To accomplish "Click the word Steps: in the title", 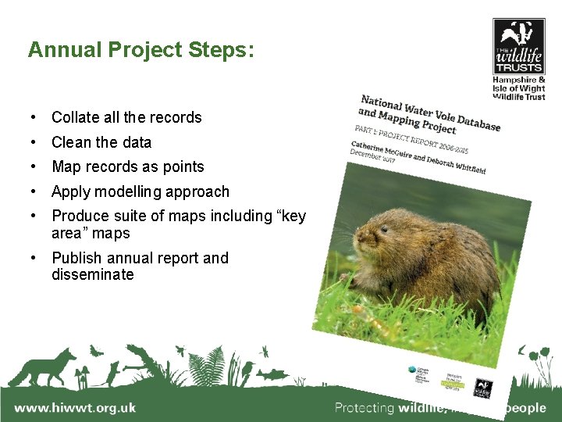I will click(221, 51).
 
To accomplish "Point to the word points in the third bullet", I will click(183, 167).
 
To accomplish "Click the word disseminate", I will click(93, 275).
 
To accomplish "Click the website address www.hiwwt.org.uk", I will click(75, 408).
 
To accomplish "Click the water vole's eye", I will click(383, 230).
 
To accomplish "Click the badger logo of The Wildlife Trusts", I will click(518, 35).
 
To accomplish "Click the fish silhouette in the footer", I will click(273, 374).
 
